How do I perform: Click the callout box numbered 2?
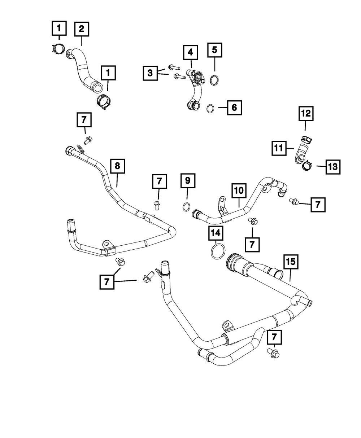[x=82, y=29]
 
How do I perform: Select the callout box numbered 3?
[x=150, y=73]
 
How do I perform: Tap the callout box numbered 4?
[x=190, y=53]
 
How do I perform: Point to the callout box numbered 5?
[x=214, y=50]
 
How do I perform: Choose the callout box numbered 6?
[x=234, y=107]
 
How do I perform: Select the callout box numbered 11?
[x=280, y=148]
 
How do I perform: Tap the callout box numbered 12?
[x=305, y=114]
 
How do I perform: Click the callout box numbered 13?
[x=333, y=167]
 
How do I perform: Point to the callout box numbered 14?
[x=216, y=235]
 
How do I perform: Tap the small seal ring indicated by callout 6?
[x=211, y=108]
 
